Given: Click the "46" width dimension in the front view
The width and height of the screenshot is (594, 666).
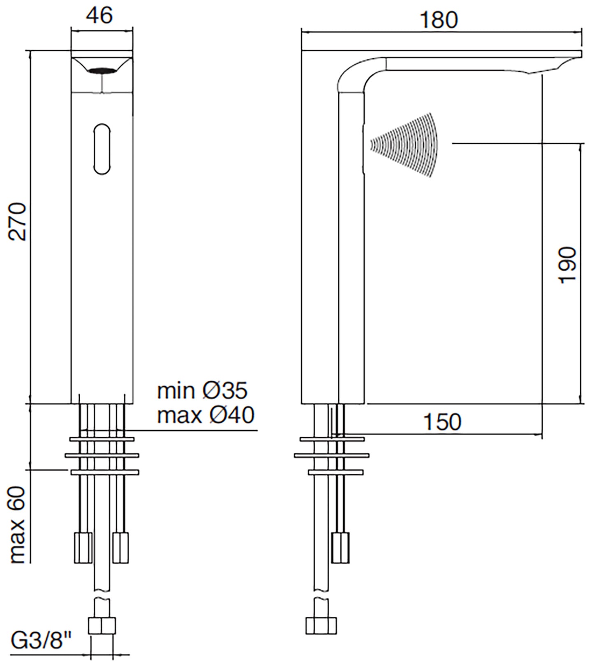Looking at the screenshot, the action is tap(99, 16).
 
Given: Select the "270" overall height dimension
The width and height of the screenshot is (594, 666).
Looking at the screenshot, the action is tap(18, 221).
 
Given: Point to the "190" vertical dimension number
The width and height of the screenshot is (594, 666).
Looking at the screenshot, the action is tap(567, 265).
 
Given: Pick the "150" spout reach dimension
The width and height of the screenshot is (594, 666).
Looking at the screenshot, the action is tap(442, 422).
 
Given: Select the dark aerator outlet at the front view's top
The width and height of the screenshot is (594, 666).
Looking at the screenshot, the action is tap(102, 71).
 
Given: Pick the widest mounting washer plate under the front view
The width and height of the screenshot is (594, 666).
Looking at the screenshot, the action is tap(102, 455).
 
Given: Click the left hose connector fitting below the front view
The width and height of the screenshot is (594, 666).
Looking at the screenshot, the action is tap(83, 547).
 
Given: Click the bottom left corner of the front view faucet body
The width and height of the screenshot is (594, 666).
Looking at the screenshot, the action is tap(72, 403).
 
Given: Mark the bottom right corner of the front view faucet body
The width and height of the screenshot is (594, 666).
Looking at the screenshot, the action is tap(133, 403).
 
